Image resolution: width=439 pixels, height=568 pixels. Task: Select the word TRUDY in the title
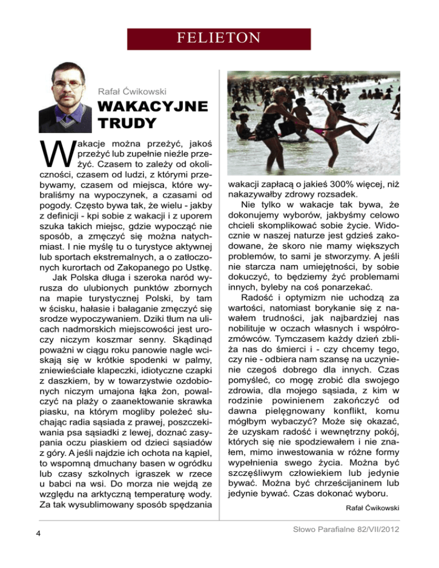coord(127,123)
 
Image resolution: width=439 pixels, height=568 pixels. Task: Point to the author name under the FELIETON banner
coord(133,90)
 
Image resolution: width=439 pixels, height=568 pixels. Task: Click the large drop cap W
coord(51,152)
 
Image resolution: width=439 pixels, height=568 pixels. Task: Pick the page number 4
coord(37,534)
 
